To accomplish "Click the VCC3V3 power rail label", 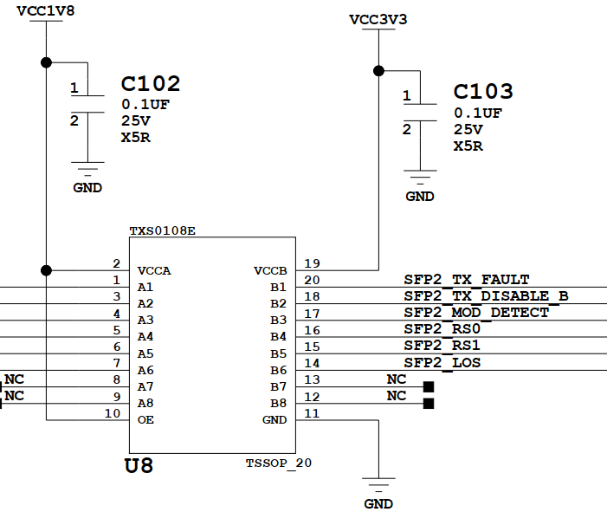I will [x=378, y=18].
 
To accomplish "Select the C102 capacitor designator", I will [x=151, y=84].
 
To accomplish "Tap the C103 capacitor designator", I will [x=483, y=92].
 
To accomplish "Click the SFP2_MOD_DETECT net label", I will [x=476, y=312].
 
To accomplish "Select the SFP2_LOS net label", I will [x=442, y=362].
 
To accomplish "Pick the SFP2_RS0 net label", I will [x=442, y=329].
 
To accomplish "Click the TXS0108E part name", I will [x=163, y=231].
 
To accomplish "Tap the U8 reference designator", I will [x=139, y=466].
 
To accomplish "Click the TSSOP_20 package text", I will [x=278, y=463].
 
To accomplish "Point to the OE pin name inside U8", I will [x=146, y=419].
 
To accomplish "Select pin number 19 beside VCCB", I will [x=313, y=263].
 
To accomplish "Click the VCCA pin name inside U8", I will [x=154, y=270].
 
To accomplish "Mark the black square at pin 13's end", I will [x=428, y=386].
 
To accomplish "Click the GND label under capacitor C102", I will [x=87, y=187].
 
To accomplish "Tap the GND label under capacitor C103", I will [x=420, y=197].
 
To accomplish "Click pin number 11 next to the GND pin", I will [x=313, y=413].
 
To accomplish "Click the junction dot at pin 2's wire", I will [x=46, y=269].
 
